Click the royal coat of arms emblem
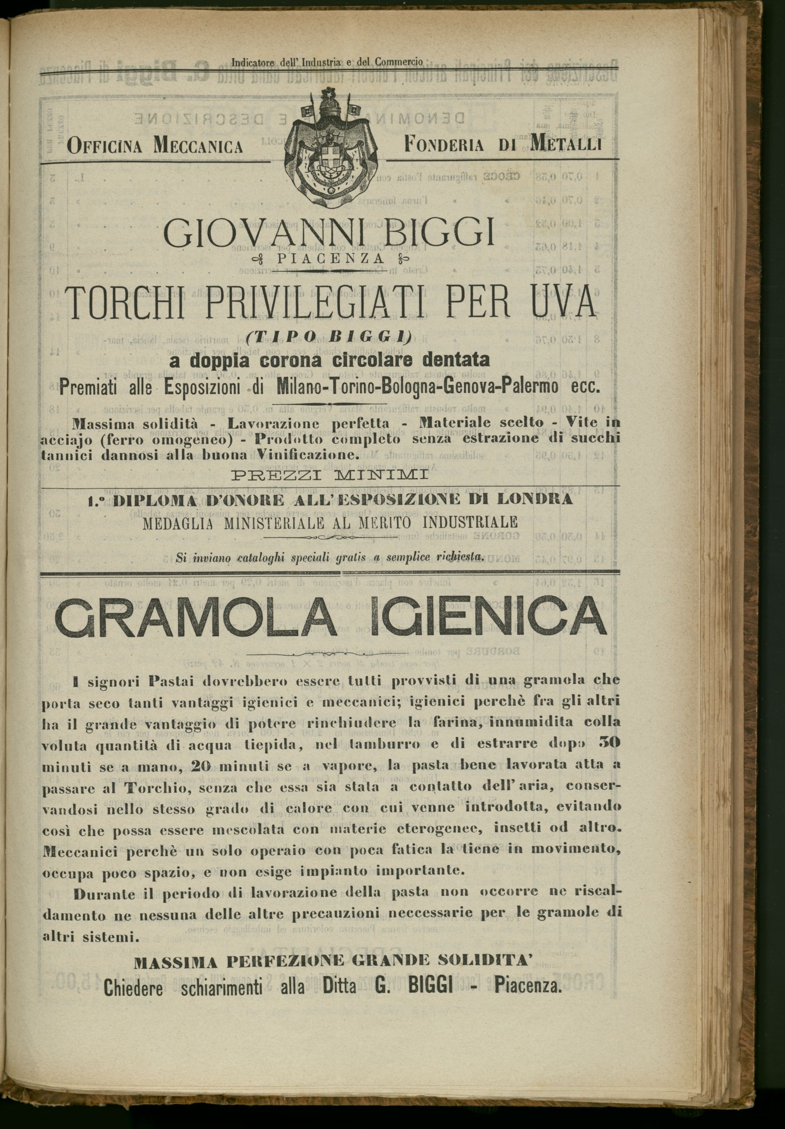pyautogui.click(x=329, y=149)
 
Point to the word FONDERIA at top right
pyautogui.click(x=443, y=145)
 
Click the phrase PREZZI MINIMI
pyautogui.click(x=329, y=476)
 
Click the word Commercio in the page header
pyautogui.click(x=399, y=63)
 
